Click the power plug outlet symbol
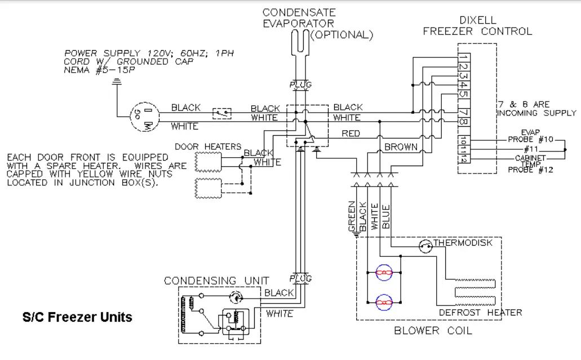(x=143, y=117)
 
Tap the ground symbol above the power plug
(x=117, y=82)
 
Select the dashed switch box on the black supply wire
(x=222, y=113)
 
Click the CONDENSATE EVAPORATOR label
(x=299, y=18)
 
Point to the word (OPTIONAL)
(x=342, y=35)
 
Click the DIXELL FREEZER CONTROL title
(x=477, y=26)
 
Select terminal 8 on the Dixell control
(x=462, y=122)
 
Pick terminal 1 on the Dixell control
(x=462, y=57)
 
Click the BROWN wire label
(x=401, y=147)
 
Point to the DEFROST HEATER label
(x=480, y=313)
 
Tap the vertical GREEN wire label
(x=352, y=216)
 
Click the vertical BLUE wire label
(x=386, y=216)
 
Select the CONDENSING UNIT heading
(x=216, y=281)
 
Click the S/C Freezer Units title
(x=77, y=317)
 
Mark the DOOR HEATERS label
(x=207, y=146)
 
